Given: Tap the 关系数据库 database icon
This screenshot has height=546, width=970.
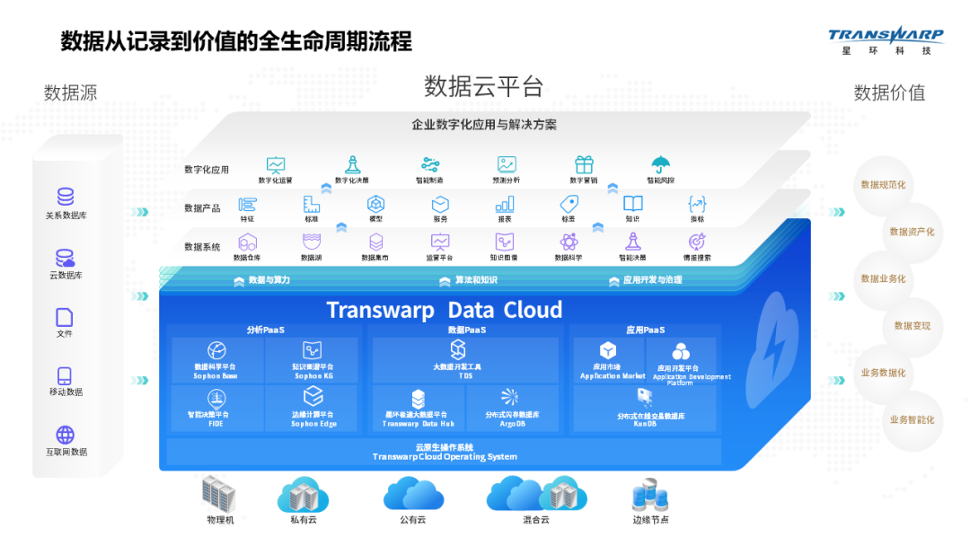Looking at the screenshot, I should (66, 198).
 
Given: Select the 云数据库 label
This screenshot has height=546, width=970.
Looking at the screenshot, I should (66, 275).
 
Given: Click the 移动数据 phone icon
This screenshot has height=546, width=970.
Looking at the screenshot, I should (65, 376).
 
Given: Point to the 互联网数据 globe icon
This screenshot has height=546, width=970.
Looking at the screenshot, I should (66, 436).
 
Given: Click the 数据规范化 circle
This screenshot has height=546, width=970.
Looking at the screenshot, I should (883, 185).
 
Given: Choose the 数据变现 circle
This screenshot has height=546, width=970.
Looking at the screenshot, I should (912, 326).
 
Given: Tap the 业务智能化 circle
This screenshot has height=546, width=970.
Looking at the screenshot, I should (911, 419).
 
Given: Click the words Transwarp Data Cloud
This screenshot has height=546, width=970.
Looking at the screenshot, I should (444, 311).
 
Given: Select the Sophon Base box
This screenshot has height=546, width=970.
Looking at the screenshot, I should (216, 360).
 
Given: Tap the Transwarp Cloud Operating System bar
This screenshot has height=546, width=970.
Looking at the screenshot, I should (444, 452).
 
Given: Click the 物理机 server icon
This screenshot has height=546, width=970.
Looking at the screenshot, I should (218, 494).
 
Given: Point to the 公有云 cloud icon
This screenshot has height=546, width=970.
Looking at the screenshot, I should (413, 494).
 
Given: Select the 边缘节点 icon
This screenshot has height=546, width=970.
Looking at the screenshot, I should (649, 496).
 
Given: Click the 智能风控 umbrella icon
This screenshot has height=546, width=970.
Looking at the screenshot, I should (661, 165).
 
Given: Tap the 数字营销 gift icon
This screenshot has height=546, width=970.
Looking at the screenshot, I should (585, 165).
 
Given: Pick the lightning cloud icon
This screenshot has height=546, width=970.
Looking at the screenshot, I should (772, 341).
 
